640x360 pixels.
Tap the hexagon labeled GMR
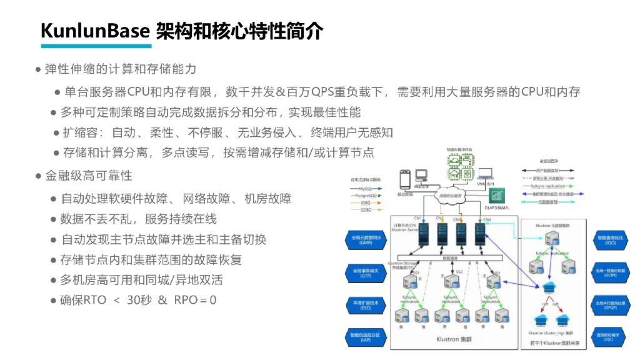coord(366,240)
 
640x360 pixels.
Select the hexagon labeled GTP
coord(366,272)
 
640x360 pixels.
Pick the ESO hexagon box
coord(366,306)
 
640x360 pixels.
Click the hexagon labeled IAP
coord(366,337)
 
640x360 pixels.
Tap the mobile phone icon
coord(405,179)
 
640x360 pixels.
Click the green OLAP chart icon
coord(496,196)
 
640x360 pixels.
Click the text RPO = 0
coord(195,300)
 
